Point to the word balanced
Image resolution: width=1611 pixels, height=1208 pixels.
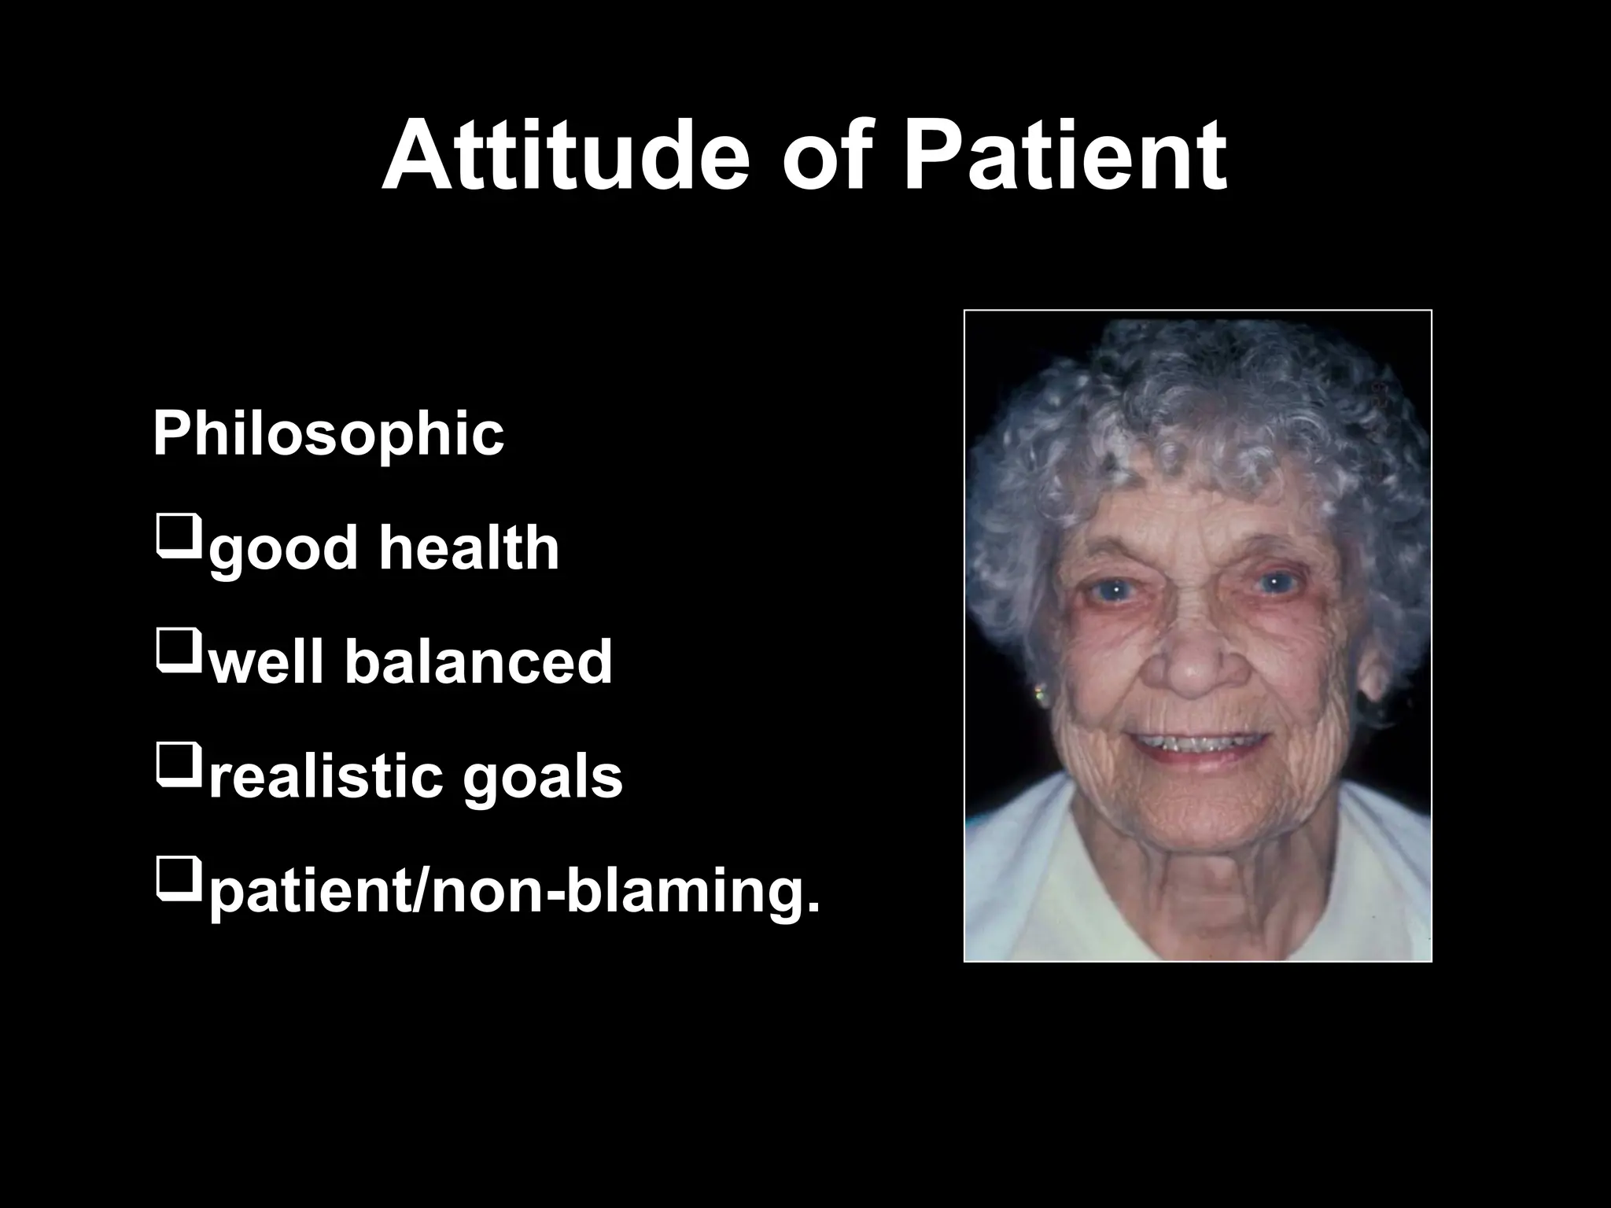(478, 662)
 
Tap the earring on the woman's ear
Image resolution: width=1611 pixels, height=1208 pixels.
(1041, 695)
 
